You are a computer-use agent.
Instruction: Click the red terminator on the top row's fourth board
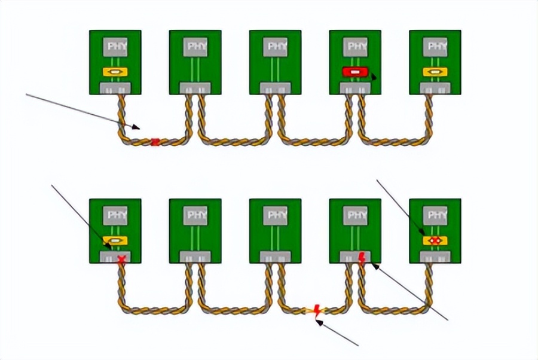(354, 72)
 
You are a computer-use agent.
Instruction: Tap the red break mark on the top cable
(156, 141)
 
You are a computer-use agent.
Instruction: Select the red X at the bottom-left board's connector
(122, 259)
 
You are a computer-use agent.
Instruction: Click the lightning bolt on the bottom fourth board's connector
(362, 258)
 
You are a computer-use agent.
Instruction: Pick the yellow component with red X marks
(435, 240)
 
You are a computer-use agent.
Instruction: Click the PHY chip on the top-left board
(115, 47)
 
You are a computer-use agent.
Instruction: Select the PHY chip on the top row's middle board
(275, 47)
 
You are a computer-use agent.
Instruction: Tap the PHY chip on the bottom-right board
(435, 215)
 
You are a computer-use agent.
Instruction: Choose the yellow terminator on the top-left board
(115, 72)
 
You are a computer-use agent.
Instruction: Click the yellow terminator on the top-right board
(435, 72)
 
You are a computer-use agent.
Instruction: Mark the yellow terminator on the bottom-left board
(115, 240)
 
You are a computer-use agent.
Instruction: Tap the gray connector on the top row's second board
(195, 89)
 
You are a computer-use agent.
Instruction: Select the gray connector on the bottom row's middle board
(275, 257)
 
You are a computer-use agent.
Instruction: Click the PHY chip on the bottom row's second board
(195, 215)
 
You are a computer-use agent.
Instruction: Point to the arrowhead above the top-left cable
(136, 127)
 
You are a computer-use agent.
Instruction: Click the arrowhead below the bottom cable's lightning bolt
(319, 322)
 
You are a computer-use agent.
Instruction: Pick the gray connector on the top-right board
(435, 89)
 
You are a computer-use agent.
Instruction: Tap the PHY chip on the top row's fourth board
(355, 47)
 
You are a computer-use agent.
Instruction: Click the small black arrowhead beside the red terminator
(374, 78)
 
